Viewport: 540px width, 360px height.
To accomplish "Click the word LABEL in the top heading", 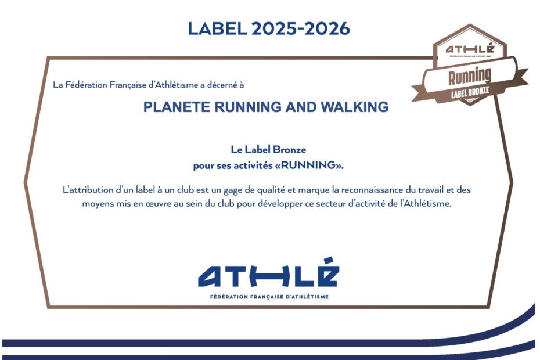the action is pos(217,28).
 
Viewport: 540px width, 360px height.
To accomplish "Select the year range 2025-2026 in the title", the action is pos(301,28).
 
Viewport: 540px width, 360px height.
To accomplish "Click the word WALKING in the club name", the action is pos(355,107).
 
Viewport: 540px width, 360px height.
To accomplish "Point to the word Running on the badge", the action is pos(469,77).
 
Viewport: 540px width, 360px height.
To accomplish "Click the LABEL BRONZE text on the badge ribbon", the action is pos(470,92).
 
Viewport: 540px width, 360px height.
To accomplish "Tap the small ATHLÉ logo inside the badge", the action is pos(470,49).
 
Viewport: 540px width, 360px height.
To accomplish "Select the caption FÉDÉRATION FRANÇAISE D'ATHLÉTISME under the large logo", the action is pos(269,297).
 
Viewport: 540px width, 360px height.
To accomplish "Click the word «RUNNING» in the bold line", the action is pos(309,165).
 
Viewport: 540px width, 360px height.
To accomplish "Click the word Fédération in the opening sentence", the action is pos(86,85).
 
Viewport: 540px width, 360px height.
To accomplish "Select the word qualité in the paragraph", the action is pos(271,190).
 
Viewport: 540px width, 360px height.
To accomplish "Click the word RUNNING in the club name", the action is pos(249,107).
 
